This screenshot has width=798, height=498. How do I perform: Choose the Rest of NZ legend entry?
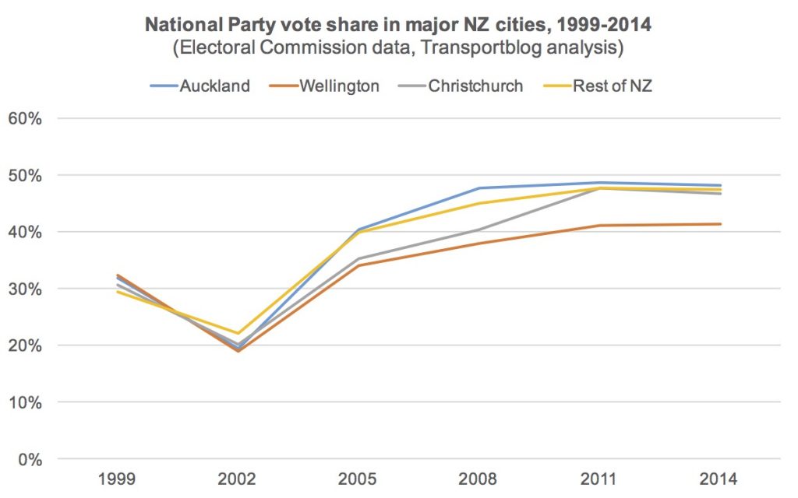(x=613, y=86)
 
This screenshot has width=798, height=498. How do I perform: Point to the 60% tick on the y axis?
(x=26, y=119)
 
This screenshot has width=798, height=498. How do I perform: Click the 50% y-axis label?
(x=26, y=176)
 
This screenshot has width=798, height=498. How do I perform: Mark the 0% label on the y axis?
(x=30, y=459)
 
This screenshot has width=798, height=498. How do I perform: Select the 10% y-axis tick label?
(x=26, y=402)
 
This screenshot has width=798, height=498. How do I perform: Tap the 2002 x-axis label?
(x=238, y=479)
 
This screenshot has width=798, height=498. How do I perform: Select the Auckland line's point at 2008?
(x=479, y=188)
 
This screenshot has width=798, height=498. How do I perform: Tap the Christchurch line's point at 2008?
(x=479, y=230)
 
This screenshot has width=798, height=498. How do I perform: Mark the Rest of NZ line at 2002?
(x=238, y=334)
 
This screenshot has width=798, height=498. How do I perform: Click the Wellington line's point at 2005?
(x=358, y=265)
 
